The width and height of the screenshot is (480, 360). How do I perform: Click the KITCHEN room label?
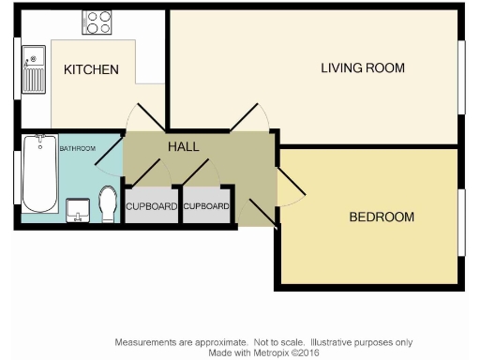(x=91, y=70)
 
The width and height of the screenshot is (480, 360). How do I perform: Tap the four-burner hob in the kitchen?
(x=97, y=22)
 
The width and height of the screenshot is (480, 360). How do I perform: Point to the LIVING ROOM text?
(x=362, y=68)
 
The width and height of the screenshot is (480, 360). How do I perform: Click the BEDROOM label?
(x=381, y=217)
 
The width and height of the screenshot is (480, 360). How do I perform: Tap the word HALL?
(x=183, y=147)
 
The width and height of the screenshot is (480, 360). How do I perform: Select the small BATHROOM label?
(x=78, y=148)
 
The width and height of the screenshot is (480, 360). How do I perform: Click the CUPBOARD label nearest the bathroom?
(x=151, y=206)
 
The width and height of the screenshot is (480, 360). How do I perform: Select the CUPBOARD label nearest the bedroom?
(x=206, y=206)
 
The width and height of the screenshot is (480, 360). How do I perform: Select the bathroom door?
(x=110, y=150)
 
